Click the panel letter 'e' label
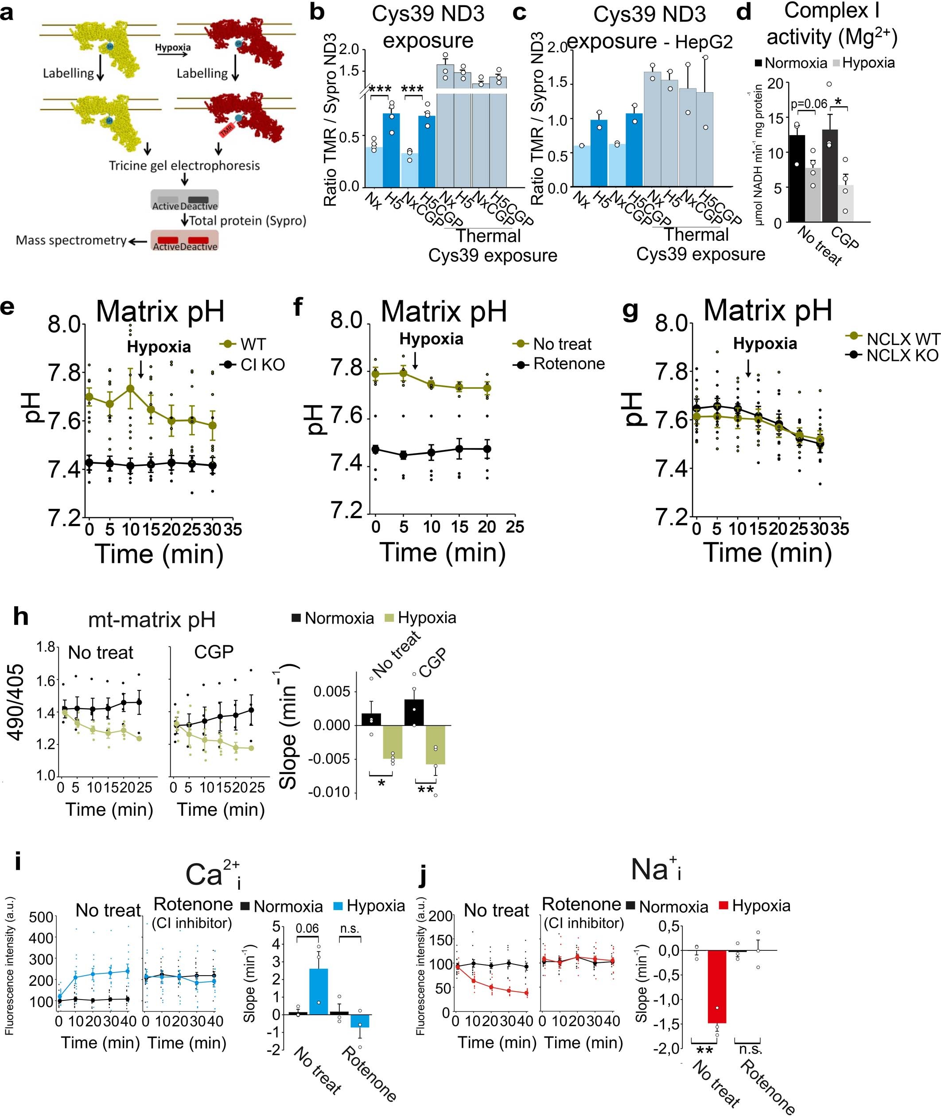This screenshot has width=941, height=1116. pyautogui.click(x=8, y=309)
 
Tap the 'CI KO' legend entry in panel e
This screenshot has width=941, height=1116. pyautogui.click(x=262, y=365)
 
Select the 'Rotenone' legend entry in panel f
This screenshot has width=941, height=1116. pyautogui.click(x=569, y=364)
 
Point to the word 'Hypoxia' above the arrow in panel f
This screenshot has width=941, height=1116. pyautogui.click(x=431, y=339)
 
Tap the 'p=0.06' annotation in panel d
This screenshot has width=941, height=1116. pyautogui.click(x=809, y=104)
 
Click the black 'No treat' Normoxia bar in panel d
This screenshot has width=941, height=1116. pyautogui.click(x=797, y=178)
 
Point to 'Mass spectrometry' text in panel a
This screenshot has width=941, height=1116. pyautogui.click(x=71, y=240)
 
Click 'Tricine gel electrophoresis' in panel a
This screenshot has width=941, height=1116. pyautogui.click(x=184, y=166)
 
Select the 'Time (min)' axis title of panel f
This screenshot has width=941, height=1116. pyautogui.click(x=443, y=552)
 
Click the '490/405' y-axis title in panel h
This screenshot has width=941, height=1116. pyautogui.click(x=16, y=702)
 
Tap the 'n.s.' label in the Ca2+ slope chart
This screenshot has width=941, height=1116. pyautogui.click(x=350, y=928)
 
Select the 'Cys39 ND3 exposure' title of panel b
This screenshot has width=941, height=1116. pyautogui.click(x=428, y=27)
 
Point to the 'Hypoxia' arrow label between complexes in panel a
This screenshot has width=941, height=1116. pyautogui.click(x=173, y=47)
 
